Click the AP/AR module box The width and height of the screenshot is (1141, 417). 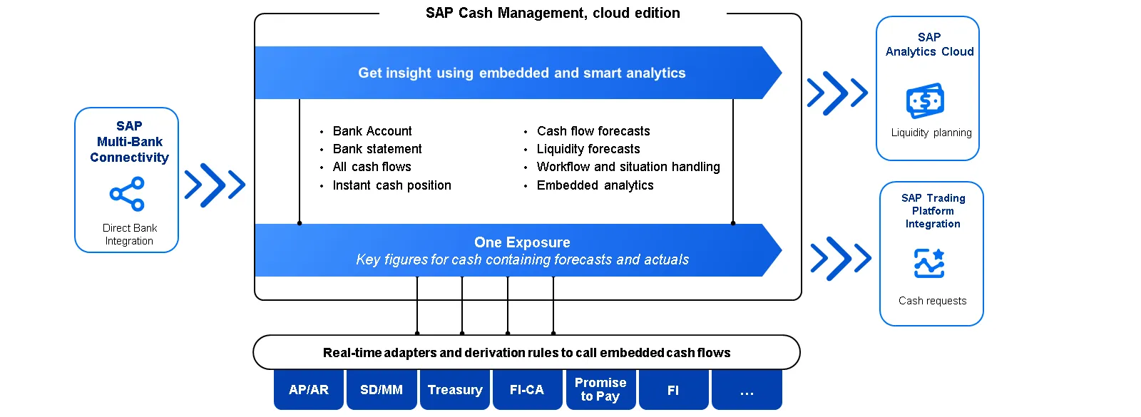pos(309,390)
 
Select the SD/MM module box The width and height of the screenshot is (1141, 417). pos(382,390)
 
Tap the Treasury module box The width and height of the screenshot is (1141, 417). pos(455,390)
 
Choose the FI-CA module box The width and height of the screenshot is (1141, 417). pos(527,390)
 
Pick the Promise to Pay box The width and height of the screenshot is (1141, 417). pos(600,389)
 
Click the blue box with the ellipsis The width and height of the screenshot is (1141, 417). pos(747,391)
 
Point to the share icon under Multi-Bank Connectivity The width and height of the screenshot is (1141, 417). pos(127,194)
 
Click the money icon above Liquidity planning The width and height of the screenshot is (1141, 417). pos(925,101)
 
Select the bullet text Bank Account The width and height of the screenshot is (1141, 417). pos(372,131)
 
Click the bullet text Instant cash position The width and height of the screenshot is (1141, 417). pos(392,185)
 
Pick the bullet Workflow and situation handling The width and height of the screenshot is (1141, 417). pos(628,167)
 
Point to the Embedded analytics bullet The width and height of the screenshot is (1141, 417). pos(595,185)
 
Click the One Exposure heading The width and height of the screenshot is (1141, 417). pos(522,242)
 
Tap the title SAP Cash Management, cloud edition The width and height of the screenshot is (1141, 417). pos(553,13)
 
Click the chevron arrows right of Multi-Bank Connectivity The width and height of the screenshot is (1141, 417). pos(215,185)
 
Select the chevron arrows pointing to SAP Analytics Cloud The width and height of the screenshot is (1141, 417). pos(837,93)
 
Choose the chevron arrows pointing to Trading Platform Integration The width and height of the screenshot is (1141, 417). pos(841,258)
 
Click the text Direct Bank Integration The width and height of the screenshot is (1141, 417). pos(129,235)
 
